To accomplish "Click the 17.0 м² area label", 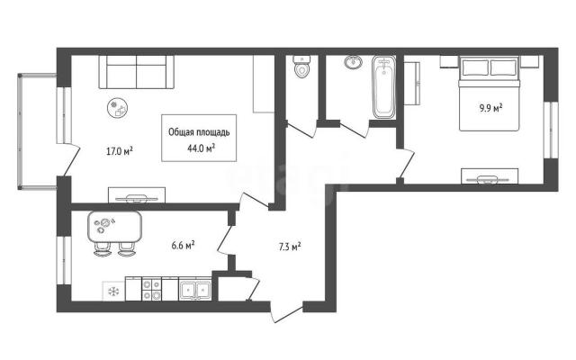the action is tap(120, 151).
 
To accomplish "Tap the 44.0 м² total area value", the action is tap(201, 148).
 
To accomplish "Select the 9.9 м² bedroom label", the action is tap(490, 108).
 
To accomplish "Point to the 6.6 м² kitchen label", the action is tap(183, 246).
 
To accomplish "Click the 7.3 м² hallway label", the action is tap(290, 247).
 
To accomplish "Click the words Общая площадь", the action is tap(199, 132).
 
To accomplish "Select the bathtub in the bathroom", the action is tap(384, 87).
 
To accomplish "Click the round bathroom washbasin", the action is tap(354, 62).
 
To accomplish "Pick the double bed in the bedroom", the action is tap(490, 94).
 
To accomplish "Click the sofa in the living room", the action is tap(136, 72).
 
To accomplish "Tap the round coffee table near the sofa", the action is tap(118, 108).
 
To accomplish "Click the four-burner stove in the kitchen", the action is tap(152, 289).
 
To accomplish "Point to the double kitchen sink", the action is tap(195, 289).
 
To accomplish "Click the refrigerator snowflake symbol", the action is tap(113, 292).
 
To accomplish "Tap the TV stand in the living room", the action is tap(137, 195).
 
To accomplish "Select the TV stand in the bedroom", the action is tap(490, 176).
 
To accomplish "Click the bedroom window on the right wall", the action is tap(551, 130).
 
